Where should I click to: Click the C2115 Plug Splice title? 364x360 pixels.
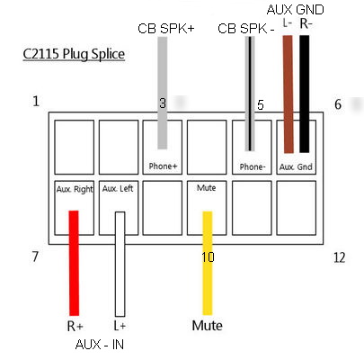click(x=74, y=54)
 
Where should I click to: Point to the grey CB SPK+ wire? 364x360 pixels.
click(x=163, y=90)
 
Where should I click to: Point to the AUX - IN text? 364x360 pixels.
click(x=100, y=344)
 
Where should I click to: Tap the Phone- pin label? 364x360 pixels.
click(x=252, y=166)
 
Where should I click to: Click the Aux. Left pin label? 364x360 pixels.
click(x=118, y=189)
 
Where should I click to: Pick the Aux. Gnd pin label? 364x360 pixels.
click(x=296, y=166)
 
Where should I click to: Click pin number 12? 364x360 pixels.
click(x=339, y=257)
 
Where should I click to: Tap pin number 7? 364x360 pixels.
click(x=35, y=257)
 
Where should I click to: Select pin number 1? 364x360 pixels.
click(x=35, y=102)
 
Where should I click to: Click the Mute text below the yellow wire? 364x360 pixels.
click(x=207, y=325)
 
